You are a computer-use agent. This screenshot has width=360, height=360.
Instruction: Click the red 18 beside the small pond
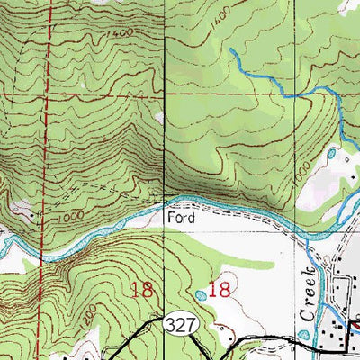click(220, 290)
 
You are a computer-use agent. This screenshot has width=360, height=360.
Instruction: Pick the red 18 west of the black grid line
click(141, 290)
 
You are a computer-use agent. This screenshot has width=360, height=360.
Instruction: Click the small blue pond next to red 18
click(198, 294)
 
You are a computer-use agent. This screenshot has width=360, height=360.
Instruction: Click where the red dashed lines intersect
click(47, 92)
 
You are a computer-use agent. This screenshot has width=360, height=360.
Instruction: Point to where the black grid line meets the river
click(166, 202)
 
